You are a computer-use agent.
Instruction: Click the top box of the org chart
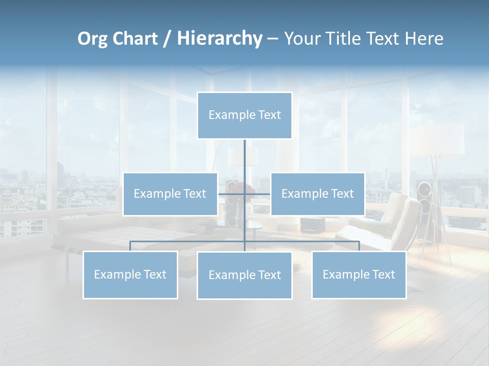point(244,115)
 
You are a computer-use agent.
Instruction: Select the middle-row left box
point(170,194)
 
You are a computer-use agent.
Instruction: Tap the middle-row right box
point(317,194)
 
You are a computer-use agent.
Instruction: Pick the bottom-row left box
point(130,274)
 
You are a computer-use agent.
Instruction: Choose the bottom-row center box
point(244,275)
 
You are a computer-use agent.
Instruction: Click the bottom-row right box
point(359,274)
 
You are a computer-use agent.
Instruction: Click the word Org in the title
point(92,39)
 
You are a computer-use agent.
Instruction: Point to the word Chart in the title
point(135,39)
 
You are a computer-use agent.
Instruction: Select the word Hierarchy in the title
point(220,39)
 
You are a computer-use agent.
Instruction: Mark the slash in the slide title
point(167,39)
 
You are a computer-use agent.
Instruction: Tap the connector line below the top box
point(244,158)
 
